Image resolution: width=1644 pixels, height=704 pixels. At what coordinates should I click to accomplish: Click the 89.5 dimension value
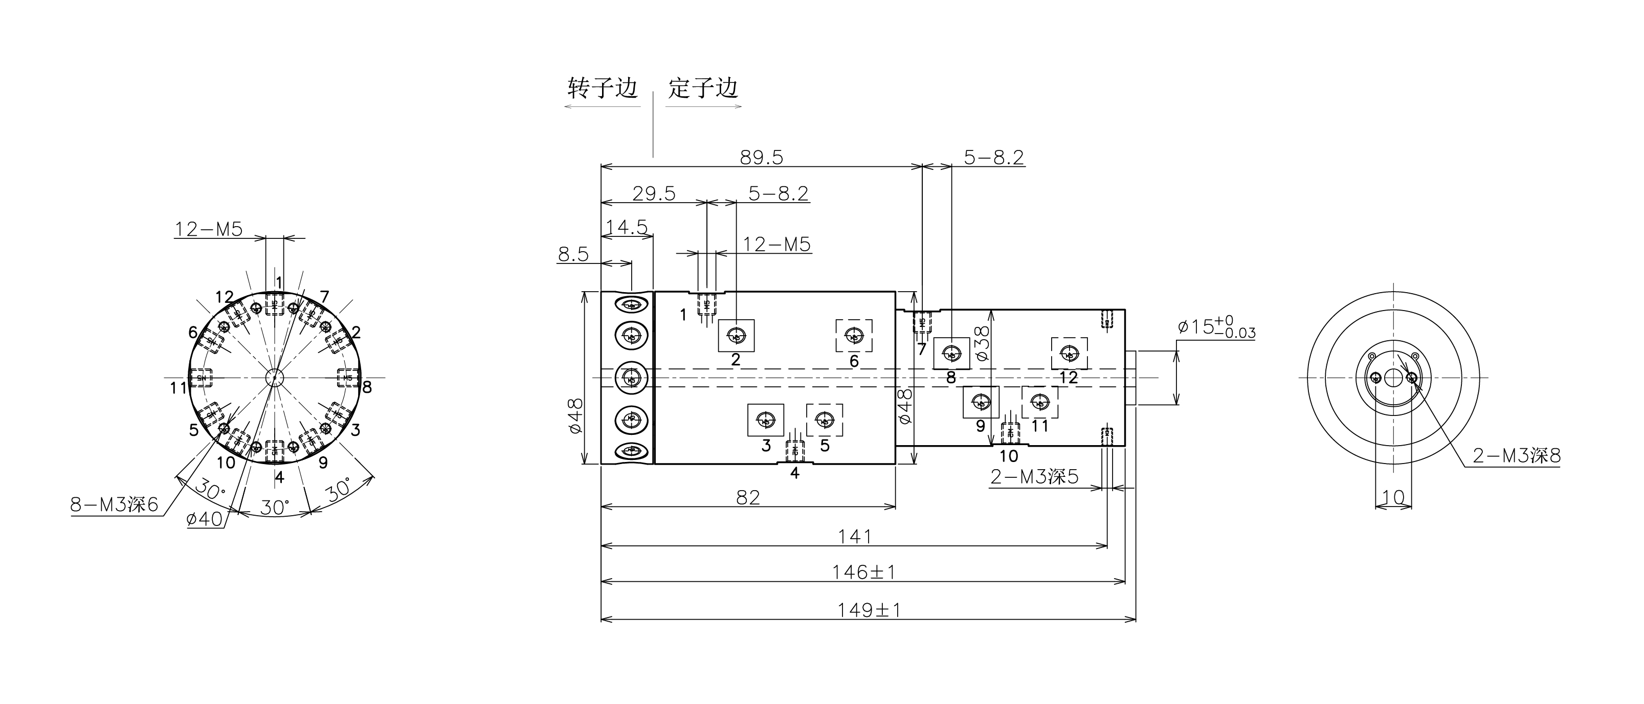(x=761, y=157)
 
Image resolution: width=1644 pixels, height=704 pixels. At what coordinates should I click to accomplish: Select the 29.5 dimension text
(x=654, y=193)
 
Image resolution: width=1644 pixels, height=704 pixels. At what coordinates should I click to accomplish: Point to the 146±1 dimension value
(x=863, y=572)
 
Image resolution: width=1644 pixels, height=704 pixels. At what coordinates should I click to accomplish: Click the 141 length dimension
(x=855, y=536)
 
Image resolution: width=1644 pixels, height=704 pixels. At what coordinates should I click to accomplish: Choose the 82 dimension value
(x=748, y=497)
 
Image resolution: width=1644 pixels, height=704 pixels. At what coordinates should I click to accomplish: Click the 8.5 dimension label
(x=573, y=254)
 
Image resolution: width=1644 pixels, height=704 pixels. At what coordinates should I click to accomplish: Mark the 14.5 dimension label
(x=626, y=227)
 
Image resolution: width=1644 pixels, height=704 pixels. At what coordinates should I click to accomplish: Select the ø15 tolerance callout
(x=1216, y=327)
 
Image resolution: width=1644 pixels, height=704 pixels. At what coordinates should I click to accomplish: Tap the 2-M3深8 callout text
(x=1516, y=456)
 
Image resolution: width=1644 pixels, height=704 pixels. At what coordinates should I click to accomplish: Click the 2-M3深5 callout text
(x=1034, y=477)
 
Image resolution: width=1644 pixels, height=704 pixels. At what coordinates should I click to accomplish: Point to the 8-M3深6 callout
(x=114, y=505)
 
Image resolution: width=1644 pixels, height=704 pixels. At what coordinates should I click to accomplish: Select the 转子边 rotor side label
(x=603, y=88)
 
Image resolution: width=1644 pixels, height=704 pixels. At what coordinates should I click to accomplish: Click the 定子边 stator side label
(x=703, y=88)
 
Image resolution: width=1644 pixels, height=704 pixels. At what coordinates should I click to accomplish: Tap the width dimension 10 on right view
(x=1392, y=497)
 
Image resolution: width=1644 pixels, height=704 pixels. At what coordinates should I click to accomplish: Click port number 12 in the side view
(x=1069, y=377)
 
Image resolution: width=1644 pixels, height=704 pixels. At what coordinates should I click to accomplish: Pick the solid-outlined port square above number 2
(x=737, y=336)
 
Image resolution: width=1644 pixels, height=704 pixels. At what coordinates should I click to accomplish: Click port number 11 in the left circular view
(x=178, y=387)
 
